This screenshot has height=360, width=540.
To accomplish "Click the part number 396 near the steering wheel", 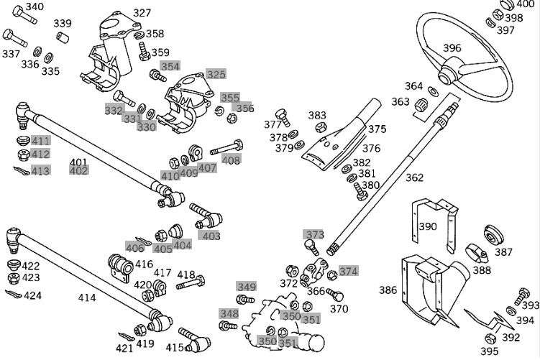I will coord(452,48).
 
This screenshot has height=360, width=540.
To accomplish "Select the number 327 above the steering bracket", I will coord(142,13).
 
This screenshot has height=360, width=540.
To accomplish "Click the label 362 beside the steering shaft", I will coord(415,177).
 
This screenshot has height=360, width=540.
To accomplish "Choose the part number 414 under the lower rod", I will coord(87,296).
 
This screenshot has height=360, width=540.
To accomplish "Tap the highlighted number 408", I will coord(232,160).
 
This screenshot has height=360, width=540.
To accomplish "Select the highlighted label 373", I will coord(315,234).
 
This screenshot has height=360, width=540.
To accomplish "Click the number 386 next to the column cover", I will coord(388,290).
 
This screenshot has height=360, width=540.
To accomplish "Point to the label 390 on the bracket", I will coord(428,226).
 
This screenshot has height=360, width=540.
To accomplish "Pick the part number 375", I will coord(377,129).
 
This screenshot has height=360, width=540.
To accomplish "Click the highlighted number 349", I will coord(247,287).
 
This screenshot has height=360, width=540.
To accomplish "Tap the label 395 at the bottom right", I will coord(489,351).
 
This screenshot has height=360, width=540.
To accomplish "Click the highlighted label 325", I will coord(216,74).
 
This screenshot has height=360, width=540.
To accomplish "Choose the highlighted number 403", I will coord(211,236).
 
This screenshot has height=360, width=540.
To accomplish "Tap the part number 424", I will coord(32,295).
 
